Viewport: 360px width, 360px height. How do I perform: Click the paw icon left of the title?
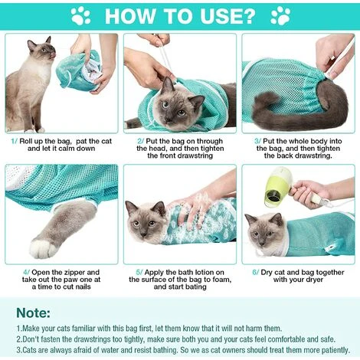click(80, 15)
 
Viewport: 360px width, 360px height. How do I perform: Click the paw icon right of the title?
click(280, 15)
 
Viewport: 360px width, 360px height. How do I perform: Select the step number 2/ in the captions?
click(140, 141)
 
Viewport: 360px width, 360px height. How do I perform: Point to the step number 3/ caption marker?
click(256, 141)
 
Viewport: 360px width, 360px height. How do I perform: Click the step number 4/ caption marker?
click(25, 272)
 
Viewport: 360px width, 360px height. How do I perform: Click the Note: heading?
click(34, 313)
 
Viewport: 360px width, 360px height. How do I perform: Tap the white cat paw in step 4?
click(43, 246)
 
